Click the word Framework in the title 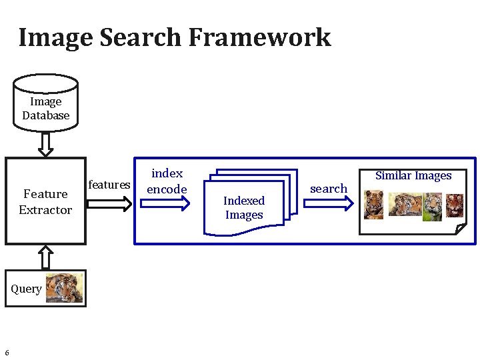(x=259, y=37)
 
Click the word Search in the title (x=141, y=37)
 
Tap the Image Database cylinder (x=45, y=107)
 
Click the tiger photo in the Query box (x=65, y=288)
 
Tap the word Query (x=26, y=289)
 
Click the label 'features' (x=109, y=185)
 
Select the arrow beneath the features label (x=110, y=204)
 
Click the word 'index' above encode (x=167, y=173)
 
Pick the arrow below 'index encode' (x=167, y=205)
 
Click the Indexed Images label (x=244, y=207)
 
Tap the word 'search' (x=329, y=189)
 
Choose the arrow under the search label (x=329, y=205)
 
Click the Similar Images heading (x=413, y=176)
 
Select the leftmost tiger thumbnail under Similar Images (x=374, y=205)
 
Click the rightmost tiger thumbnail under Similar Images (x=455, y=205)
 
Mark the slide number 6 (x=7, y=353)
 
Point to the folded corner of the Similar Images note (x=461, y=229)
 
